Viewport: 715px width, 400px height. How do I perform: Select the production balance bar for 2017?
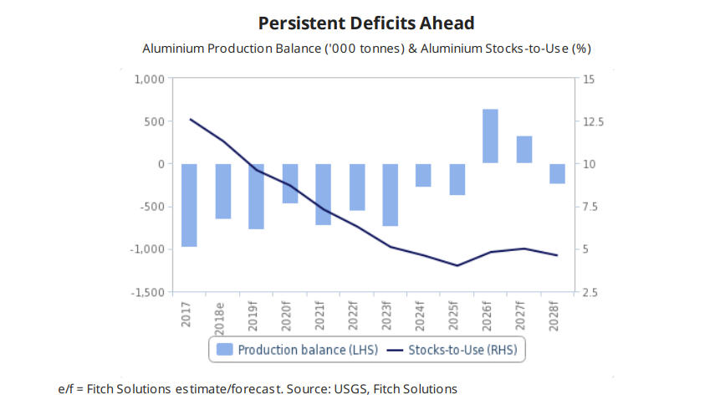pyautogui.click(x=189, y=205)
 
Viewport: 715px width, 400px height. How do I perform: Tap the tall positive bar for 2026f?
pyautogui.click(x=490, y=136)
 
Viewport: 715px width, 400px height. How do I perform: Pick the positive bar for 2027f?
pyautogui.click(x=523, y=149)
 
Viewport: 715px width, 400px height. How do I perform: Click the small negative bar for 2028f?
pyautogui.click(x=557, y=173)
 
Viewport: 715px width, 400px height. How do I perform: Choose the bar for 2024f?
pyautogui.click(x=423, y=175)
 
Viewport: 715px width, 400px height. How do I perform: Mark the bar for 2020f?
pyautogui.click(x=289, y=183)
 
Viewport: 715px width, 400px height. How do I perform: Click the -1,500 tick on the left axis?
pyautogui.click(x=148, y=292)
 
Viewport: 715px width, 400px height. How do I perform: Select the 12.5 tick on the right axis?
pyautogui.click(x=590, y=122)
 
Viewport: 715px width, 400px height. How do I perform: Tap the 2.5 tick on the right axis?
pyautogui.click(x=587, y=292)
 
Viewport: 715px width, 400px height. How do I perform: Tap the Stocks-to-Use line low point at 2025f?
pyautogui.click(x=457, y=265)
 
